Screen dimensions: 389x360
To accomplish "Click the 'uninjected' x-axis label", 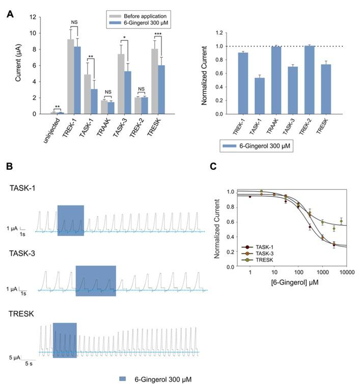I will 51,129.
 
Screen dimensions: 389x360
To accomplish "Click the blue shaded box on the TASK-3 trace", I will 96,280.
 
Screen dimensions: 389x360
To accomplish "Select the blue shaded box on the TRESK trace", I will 65,340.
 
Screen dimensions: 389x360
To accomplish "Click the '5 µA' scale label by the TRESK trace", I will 17,357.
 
